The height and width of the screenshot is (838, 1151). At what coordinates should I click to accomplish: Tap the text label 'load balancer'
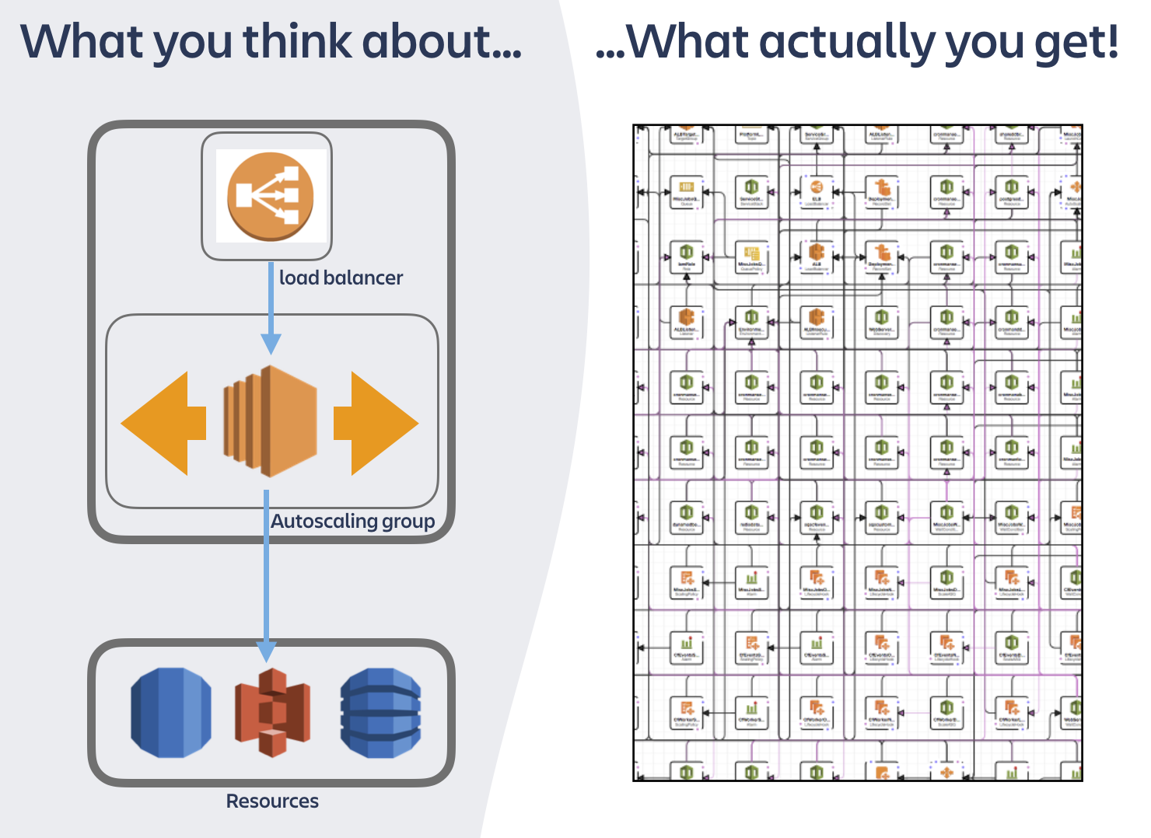tap(341, 278)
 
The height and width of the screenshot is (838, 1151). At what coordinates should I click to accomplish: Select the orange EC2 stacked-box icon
tap(271, 421)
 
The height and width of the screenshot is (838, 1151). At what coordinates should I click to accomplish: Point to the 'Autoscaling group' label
tap(352, 521)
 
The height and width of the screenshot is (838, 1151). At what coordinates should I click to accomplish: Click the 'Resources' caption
tap(272, 801)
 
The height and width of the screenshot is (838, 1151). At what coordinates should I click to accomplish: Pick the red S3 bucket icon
tap(272, 712)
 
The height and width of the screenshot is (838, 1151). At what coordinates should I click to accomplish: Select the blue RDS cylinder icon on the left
tap(171, 712)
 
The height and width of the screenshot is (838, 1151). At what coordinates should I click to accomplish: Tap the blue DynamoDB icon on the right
tap(380, 712)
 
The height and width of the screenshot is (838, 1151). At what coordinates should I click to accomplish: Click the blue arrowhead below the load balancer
tap(271, 343)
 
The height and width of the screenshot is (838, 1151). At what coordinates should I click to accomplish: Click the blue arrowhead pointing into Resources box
tap(266, 651)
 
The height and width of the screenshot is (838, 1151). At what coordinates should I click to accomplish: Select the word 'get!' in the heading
tap(1076, 42)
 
